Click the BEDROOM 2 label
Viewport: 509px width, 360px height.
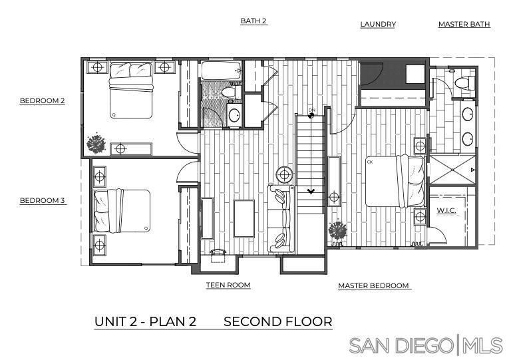[42, 100]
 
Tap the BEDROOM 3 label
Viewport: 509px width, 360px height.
[42, 200]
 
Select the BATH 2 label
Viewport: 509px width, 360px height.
[254, 21]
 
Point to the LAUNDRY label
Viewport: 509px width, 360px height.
[378, 25]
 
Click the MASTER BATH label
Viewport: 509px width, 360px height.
[464, 25]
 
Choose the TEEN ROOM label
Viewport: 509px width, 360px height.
[228, 285]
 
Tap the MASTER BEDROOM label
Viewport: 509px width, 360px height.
[373, 285]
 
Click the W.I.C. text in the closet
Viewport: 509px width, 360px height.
[446, 210]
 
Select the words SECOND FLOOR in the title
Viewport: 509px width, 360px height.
[278, 321]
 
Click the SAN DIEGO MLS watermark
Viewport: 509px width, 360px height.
[426, 345]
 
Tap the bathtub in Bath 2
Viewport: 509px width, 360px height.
[222, 71]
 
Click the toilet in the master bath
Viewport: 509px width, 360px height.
[464, 83]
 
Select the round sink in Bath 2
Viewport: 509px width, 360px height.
[234, 114]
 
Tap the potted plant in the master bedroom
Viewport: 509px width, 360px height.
[337, 231]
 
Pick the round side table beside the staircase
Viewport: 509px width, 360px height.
[285, 175]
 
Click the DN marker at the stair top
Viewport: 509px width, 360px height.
[311, 113]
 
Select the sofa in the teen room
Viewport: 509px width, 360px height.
[281, 218]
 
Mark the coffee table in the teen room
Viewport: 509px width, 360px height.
[244, 218]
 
